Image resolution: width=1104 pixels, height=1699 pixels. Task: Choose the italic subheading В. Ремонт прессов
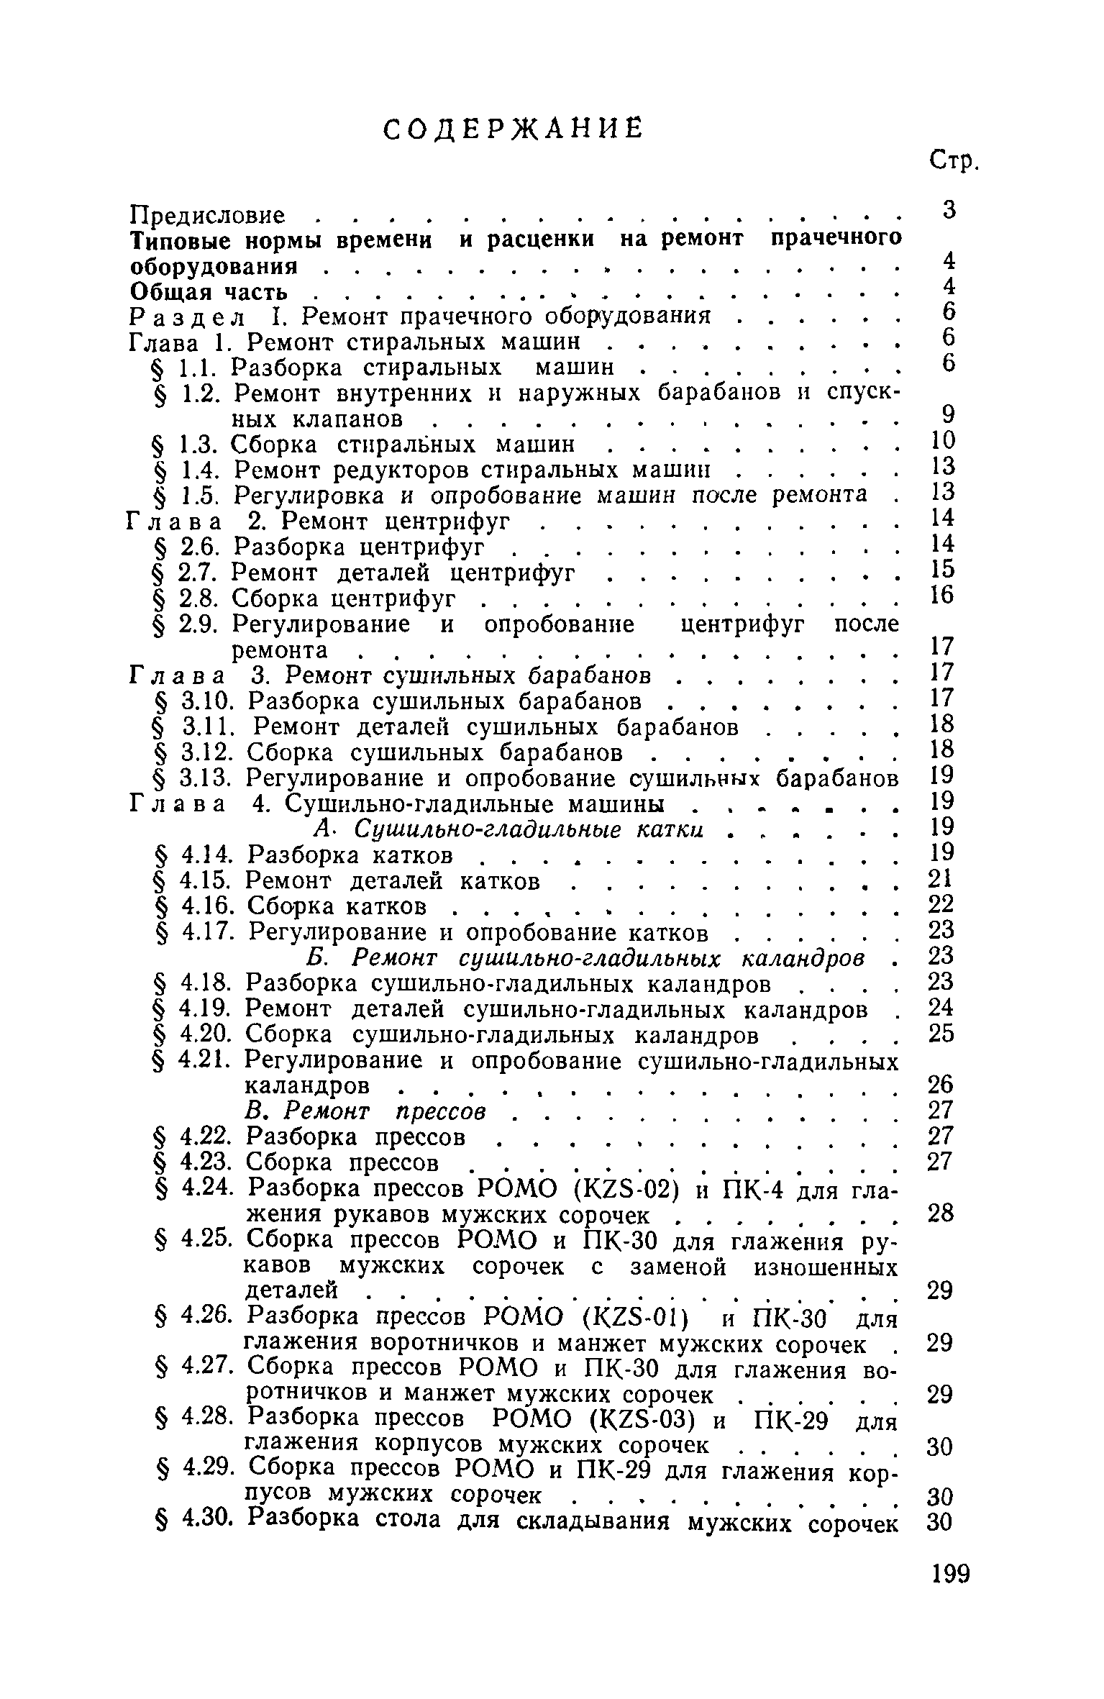pyautogui.click(x=367, y=1111)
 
